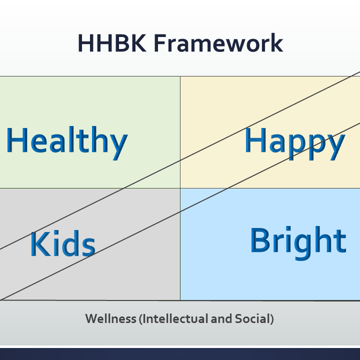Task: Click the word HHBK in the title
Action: tap(112, 43)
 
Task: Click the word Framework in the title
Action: tap(218, 42)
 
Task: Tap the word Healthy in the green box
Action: tap(67, 143)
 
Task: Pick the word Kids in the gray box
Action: tap(63, 244)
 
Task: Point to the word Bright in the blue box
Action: tap(298, 243)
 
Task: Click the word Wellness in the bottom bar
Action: tap(110, 318)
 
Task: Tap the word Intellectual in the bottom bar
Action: tap(175, 318)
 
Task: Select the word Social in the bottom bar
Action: tap(252, 318)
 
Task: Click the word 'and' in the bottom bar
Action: tap(221, 318)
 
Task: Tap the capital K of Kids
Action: tap(40, 244)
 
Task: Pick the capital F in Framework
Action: tap(160, 43)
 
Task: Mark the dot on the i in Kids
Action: tap(56, 233)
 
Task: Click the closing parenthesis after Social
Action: tap(271, 319)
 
